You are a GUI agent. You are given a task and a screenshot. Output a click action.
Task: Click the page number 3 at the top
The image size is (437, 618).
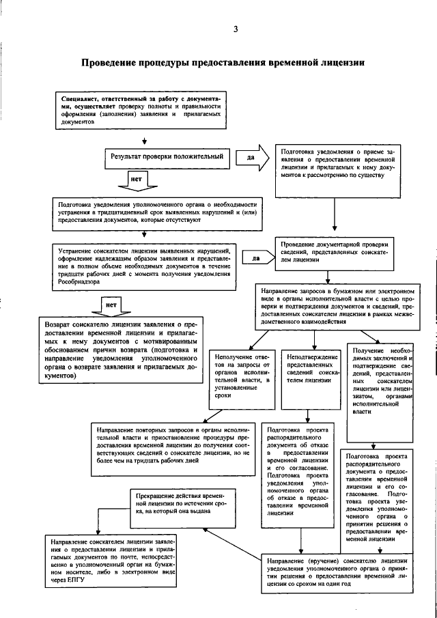(x=236, y=29)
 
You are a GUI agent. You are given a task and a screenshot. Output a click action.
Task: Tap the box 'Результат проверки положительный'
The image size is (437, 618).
(x=167, y=156)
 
